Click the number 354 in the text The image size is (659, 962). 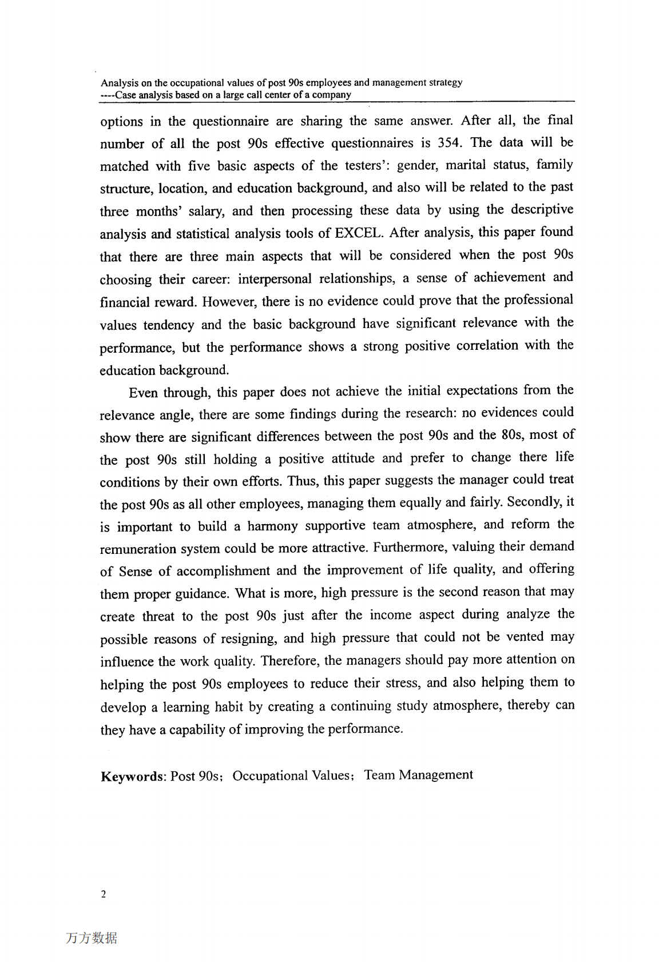click(447, 142)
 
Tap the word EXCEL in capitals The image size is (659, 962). click(358, 233)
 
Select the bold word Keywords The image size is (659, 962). click(133, 776)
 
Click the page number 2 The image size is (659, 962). click(103, 895)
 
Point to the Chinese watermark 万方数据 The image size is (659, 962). click(92, 938)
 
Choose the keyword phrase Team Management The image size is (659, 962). click(419, 775)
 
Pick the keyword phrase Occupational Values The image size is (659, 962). click(291, 776)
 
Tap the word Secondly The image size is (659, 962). click(534, 502)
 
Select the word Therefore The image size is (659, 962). click(290, 661)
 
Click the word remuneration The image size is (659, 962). click(138, 549)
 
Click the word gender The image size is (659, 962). click(418, 165)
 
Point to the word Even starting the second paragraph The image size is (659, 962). click(143, 393)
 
